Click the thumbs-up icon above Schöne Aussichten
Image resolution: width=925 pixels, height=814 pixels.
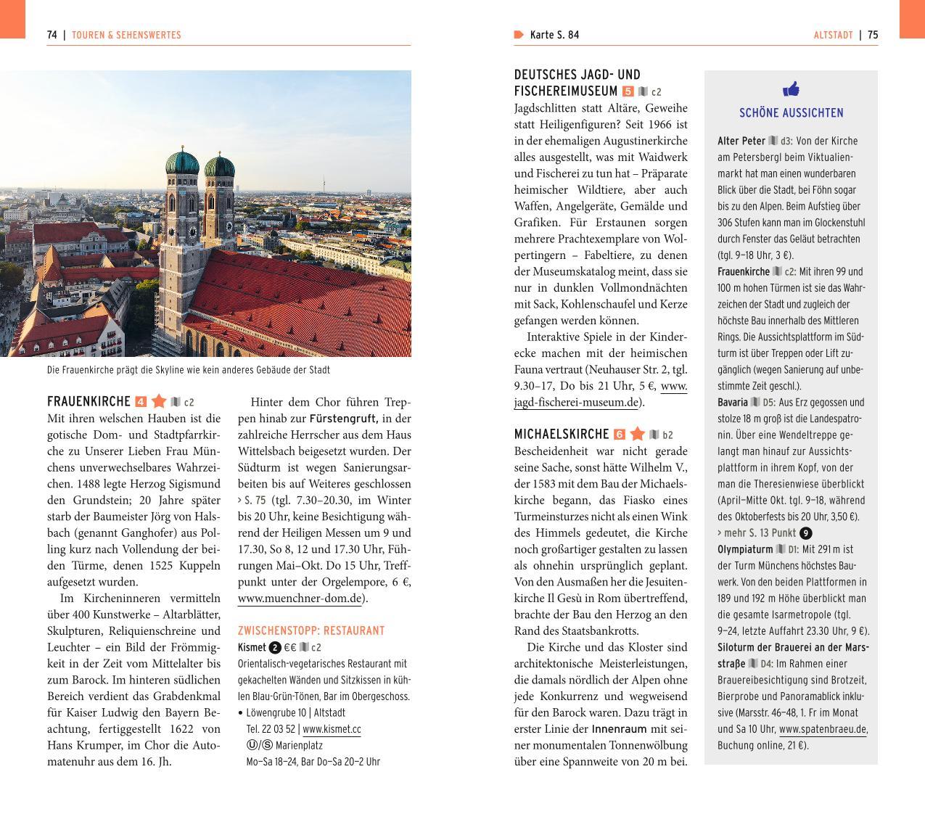coord(791,89)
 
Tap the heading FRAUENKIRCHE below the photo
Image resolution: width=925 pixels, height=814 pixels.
coord(89,401)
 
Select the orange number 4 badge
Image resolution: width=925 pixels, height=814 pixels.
coord(141,402)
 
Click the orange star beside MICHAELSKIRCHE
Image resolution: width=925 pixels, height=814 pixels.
coord(638,434)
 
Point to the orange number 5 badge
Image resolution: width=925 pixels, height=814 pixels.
coord(628,91)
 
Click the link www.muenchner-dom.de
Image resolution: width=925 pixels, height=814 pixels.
coord(300,599)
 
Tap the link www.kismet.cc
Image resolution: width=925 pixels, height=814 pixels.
coord(332,729)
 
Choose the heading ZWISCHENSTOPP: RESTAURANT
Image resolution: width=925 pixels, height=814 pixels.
coord(311,631)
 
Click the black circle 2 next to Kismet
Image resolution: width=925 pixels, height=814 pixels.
coord(275,648)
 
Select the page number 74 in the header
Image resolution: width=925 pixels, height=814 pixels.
coord(52,35)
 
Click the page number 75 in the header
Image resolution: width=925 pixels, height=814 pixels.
coord(873,35)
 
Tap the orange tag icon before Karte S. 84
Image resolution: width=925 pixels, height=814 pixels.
coord(519,35)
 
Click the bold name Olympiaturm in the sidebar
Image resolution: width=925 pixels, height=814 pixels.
coord(744,549)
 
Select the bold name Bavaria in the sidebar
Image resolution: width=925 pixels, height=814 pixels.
coord(733,402)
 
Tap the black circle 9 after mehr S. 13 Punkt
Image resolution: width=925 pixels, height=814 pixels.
coord(805,533)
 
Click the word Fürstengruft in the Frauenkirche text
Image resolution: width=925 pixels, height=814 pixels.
coord(343,419)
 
